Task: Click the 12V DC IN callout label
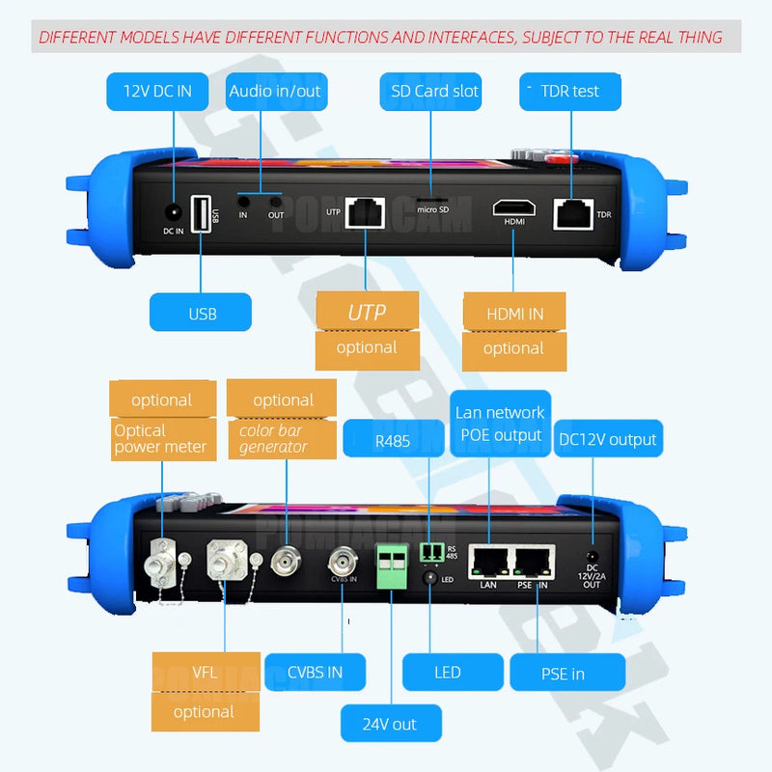(x=157, y=92)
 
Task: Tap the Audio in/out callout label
(x=275, y=92)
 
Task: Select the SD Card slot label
(x=434, y=92)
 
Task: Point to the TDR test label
(x=570, y=92)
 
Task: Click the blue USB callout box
(x=201, y=313)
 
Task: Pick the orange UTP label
(x=367, y=312)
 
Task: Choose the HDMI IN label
(x=513, y=314)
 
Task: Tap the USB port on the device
(x=201, y=213)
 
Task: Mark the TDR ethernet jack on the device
(x=573, y=213)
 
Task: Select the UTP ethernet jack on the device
(x=365, y=212)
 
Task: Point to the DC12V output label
(x=608, y=439)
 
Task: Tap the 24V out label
(x=391, y=724)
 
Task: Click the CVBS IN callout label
(x=316, y=672)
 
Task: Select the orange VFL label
(x=204, y=672)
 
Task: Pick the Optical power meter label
(x=161, y=438)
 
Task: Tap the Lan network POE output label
(x=500, y=424)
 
